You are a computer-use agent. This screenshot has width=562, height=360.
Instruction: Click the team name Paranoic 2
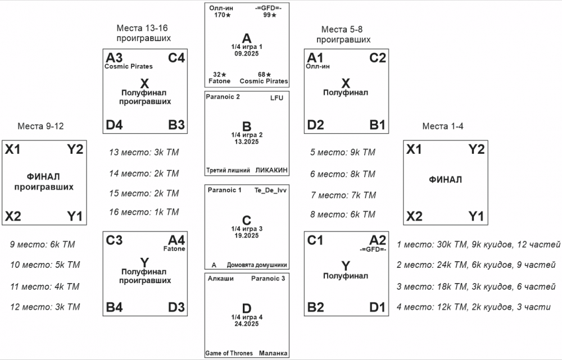pyautogui.click(x=224, y=97)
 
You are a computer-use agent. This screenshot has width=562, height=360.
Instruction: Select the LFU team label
pyautogui.click(x=277, y=98)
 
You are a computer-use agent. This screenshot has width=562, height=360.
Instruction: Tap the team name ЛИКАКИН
pyautogui.click(x=271, y=170)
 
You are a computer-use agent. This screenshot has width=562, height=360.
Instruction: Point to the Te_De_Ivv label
pyautogui.click(x=270, y=190)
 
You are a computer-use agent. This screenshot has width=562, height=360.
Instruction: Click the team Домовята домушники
pyautogui.click(x=257, y=265)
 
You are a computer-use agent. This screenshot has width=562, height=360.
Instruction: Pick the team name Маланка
pyautogui.click(x=274, y=353)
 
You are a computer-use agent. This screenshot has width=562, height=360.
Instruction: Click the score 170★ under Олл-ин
pyautogui.click(x=222, y=15)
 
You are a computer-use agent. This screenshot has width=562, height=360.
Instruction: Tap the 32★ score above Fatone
pyautogui.click(x=220, y=74)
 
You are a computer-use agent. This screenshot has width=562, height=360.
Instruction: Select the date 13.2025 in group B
pyautogui.click(x=247, y=142)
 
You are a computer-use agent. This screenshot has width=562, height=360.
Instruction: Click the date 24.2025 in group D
pyautogui.click(x=247, y=324)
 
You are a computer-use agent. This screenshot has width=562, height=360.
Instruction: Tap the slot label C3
pyautogui.click(x=114, y=240)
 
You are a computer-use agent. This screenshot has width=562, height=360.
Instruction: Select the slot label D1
pyautogui.click(x=377, y=307)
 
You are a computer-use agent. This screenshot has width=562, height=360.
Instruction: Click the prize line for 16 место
pyautogui.click(x=143, y=212)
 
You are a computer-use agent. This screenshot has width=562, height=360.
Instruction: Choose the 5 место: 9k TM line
pyautogui.click(x=342, y=152)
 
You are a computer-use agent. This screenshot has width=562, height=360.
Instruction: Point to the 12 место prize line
pyautogui.click(x=45, y=307)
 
